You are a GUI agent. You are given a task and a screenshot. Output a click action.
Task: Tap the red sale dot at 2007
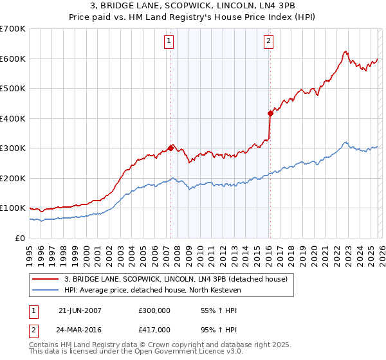[x=170, y=148]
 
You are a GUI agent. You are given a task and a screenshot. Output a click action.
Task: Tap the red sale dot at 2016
[x=270, y=113]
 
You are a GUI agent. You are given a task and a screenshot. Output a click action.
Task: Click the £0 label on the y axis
[x=19, y=238]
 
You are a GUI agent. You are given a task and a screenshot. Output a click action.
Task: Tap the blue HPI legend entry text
[x=152, y=290]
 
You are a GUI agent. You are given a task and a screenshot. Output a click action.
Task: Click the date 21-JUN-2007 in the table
[x=80, y=310]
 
